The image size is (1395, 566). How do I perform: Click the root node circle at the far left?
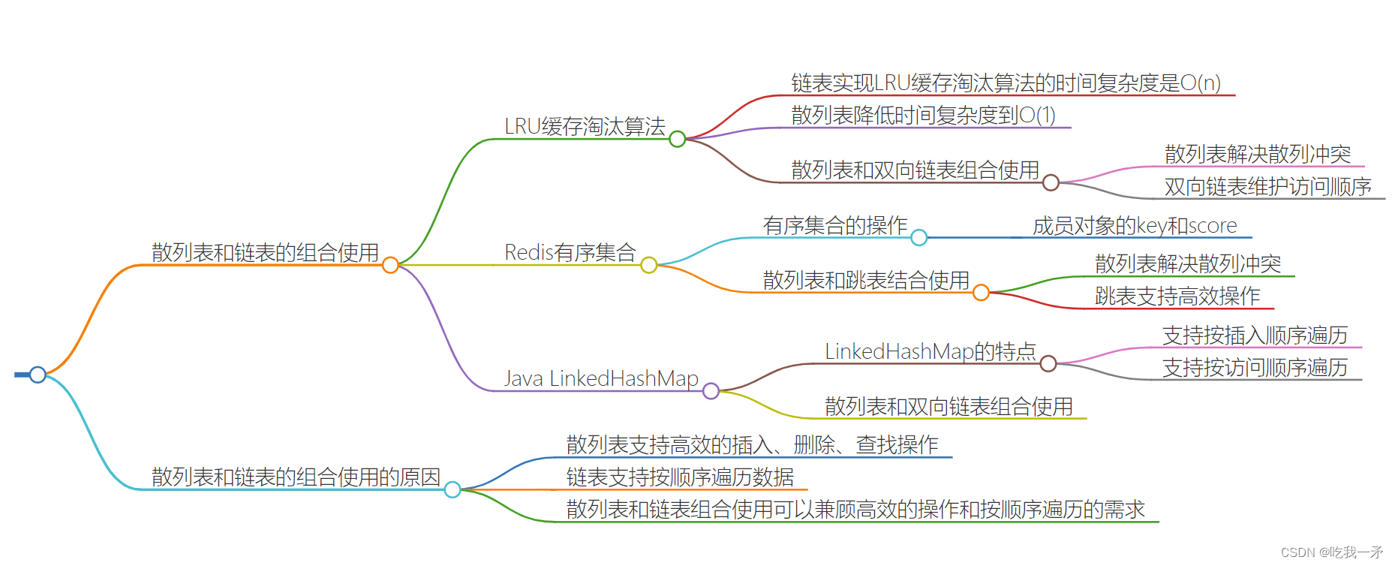(38, 374)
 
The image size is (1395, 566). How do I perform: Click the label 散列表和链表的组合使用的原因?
(296, 477)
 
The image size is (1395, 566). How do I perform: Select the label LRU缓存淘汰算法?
(585, 127)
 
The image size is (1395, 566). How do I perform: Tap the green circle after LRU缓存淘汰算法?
(677, 139)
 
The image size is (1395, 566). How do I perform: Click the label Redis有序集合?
(570, 253)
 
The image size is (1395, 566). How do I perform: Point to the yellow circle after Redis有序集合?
(649, 265)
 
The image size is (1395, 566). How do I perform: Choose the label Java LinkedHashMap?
(601, 378)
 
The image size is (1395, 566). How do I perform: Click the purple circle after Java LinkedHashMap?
(711, 391)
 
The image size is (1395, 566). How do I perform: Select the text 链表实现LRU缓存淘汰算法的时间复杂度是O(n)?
(1006, 83)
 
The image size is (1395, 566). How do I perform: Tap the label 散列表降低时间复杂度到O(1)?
(923, 116)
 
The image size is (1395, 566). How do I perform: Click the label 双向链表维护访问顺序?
(1267, 187)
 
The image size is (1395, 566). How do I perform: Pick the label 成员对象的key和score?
(1135, 226)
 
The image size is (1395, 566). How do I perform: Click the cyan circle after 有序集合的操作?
(918, 238)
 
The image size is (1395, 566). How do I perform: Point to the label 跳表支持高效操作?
(1177, 297)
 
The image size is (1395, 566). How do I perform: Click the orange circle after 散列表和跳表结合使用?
(981, 293)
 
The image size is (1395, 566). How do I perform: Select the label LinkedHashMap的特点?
(930, 351)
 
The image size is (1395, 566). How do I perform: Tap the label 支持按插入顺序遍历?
(1255, 336)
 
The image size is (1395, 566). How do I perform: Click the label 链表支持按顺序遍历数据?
(680, 477)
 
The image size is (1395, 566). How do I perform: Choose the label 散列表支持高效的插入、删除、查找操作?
(752, 445)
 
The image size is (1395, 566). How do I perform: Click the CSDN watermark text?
(1331, 552)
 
